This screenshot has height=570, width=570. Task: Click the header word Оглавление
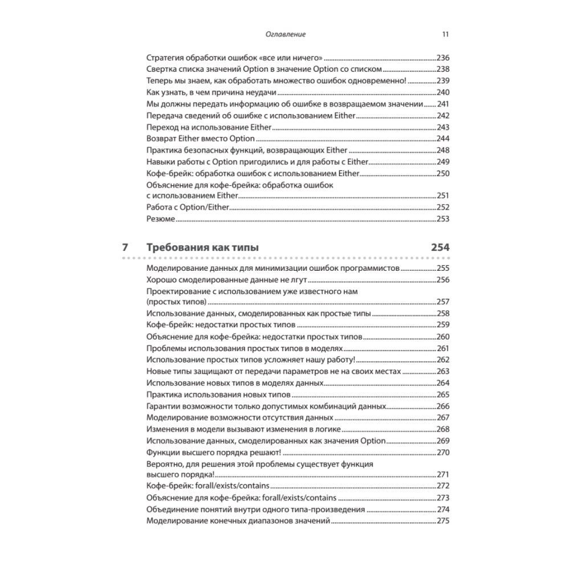tap(286, 34)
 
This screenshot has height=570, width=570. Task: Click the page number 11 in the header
tap(445, 34)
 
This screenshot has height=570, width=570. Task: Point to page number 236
tap(443, 58)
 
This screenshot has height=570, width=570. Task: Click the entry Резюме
tap(160, 219)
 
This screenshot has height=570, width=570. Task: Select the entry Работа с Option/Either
tap(187, 207)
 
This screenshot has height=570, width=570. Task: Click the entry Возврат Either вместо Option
tap(200, 139)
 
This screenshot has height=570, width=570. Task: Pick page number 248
tap(443, 150)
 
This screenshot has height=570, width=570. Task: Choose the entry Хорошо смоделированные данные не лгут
tap(227, 279)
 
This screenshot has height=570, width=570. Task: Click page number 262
tap(443, 360)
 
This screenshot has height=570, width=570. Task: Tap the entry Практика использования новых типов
tap(218, 394)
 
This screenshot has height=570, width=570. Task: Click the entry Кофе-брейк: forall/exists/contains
tap(208, 486)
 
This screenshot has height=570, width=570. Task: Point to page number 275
tap(443, 521)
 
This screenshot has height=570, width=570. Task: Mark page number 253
tap(443, 219)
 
